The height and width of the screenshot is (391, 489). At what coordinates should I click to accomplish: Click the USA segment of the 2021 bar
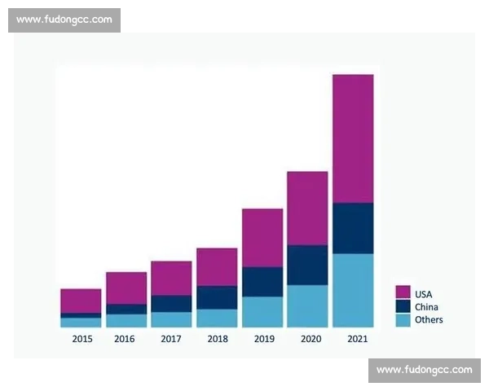point(353,138)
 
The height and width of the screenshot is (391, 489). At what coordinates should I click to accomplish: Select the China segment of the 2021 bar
point(353,228)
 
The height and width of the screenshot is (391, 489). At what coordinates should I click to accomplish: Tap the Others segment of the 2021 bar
point(353,290)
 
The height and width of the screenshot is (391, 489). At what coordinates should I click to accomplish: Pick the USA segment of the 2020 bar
point(307,208)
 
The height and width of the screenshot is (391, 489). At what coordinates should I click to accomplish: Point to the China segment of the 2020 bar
point(307,265)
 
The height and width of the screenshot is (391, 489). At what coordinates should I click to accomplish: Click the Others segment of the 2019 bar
point(262,311)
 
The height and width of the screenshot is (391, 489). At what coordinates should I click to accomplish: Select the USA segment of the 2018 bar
point(217,266)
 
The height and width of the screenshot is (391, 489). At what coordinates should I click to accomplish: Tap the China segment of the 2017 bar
point(171,303)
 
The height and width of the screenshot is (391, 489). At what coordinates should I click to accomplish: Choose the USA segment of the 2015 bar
point(81,301)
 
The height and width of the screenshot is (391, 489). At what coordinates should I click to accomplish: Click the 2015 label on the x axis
point(81,339)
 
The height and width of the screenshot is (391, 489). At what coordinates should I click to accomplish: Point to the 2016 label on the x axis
point(126,339)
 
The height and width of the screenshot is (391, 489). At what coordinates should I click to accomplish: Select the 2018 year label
point(217,339)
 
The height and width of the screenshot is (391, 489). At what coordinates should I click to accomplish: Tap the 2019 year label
point(262,339)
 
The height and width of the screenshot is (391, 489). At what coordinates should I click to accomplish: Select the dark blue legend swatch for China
point(403,306)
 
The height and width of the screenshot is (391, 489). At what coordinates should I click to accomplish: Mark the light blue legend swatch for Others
point(403,319)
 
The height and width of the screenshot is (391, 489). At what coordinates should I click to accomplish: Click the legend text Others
point(429,320)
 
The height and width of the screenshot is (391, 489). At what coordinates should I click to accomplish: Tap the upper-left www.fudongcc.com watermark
point(64,20)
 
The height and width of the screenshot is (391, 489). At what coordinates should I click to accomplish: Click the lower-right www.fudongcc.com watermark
point(424,370)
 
